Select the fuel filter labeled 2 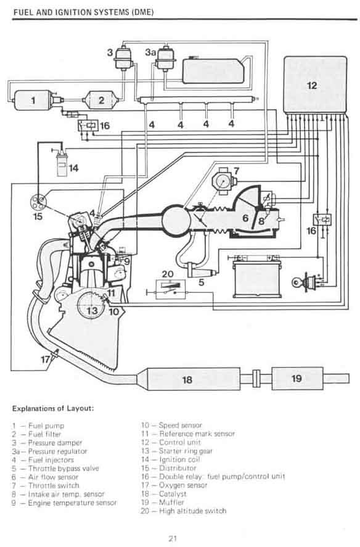100,100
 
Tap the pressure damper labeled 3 123,57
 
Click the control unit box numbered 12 316,84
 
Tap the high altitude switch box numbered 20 170,289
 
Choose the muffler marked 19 297,378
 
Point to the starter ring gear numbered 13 91,305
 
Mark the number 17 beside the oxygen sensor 46,359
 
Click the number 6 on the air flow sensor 245,218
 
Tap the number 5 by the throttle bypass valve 202,282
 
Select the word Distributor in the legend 178,468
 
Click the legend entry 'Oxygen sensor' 183,485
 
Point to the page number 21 173,538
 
